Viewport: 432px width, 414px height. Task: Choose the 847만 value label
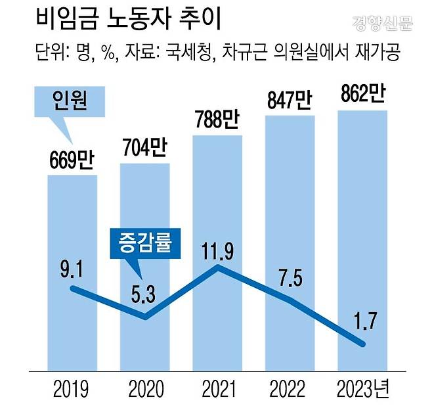pyautogui.click(x=290, y=102)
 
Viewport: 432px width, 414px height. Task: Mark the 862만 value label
pyautogui.click(x=362, y=95)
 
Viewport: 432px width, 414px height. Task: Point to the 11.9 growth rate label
pyautogui.click(x=217, y=249)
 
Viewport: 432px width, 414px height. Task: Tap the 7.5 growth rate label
pyautogui.click(x=290, y=277)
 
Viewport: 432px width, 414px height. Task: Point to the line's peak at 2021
pyautogui.click(x=217, y=267)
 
